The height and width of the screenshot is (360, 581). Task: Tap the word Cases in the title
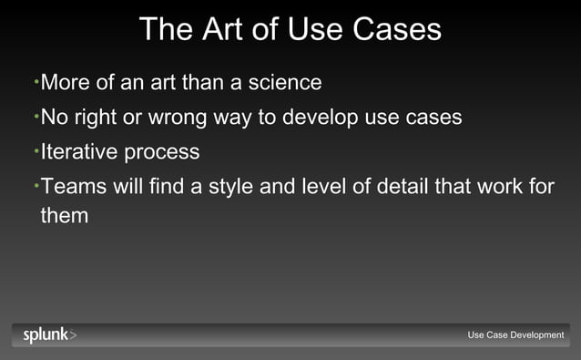tap(395, 29)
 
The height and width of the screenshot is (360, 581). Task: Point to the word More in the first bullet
tap(66, 83)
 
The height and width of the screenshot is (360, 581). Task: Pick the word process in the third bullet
tap(167, 152)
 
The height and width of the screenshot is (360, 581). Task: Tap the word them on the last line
tap(65, 217)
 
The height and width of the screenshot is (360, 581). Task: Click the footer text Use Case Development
tap(515, 335)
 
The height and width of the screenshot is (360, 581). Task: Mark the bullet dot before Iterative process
tap(36, 149)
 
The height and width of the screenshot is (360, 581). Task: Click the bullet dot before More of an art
tap(36, 81)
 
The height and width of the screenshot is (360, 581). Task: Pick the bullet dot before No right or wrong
tap(36, 116)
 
